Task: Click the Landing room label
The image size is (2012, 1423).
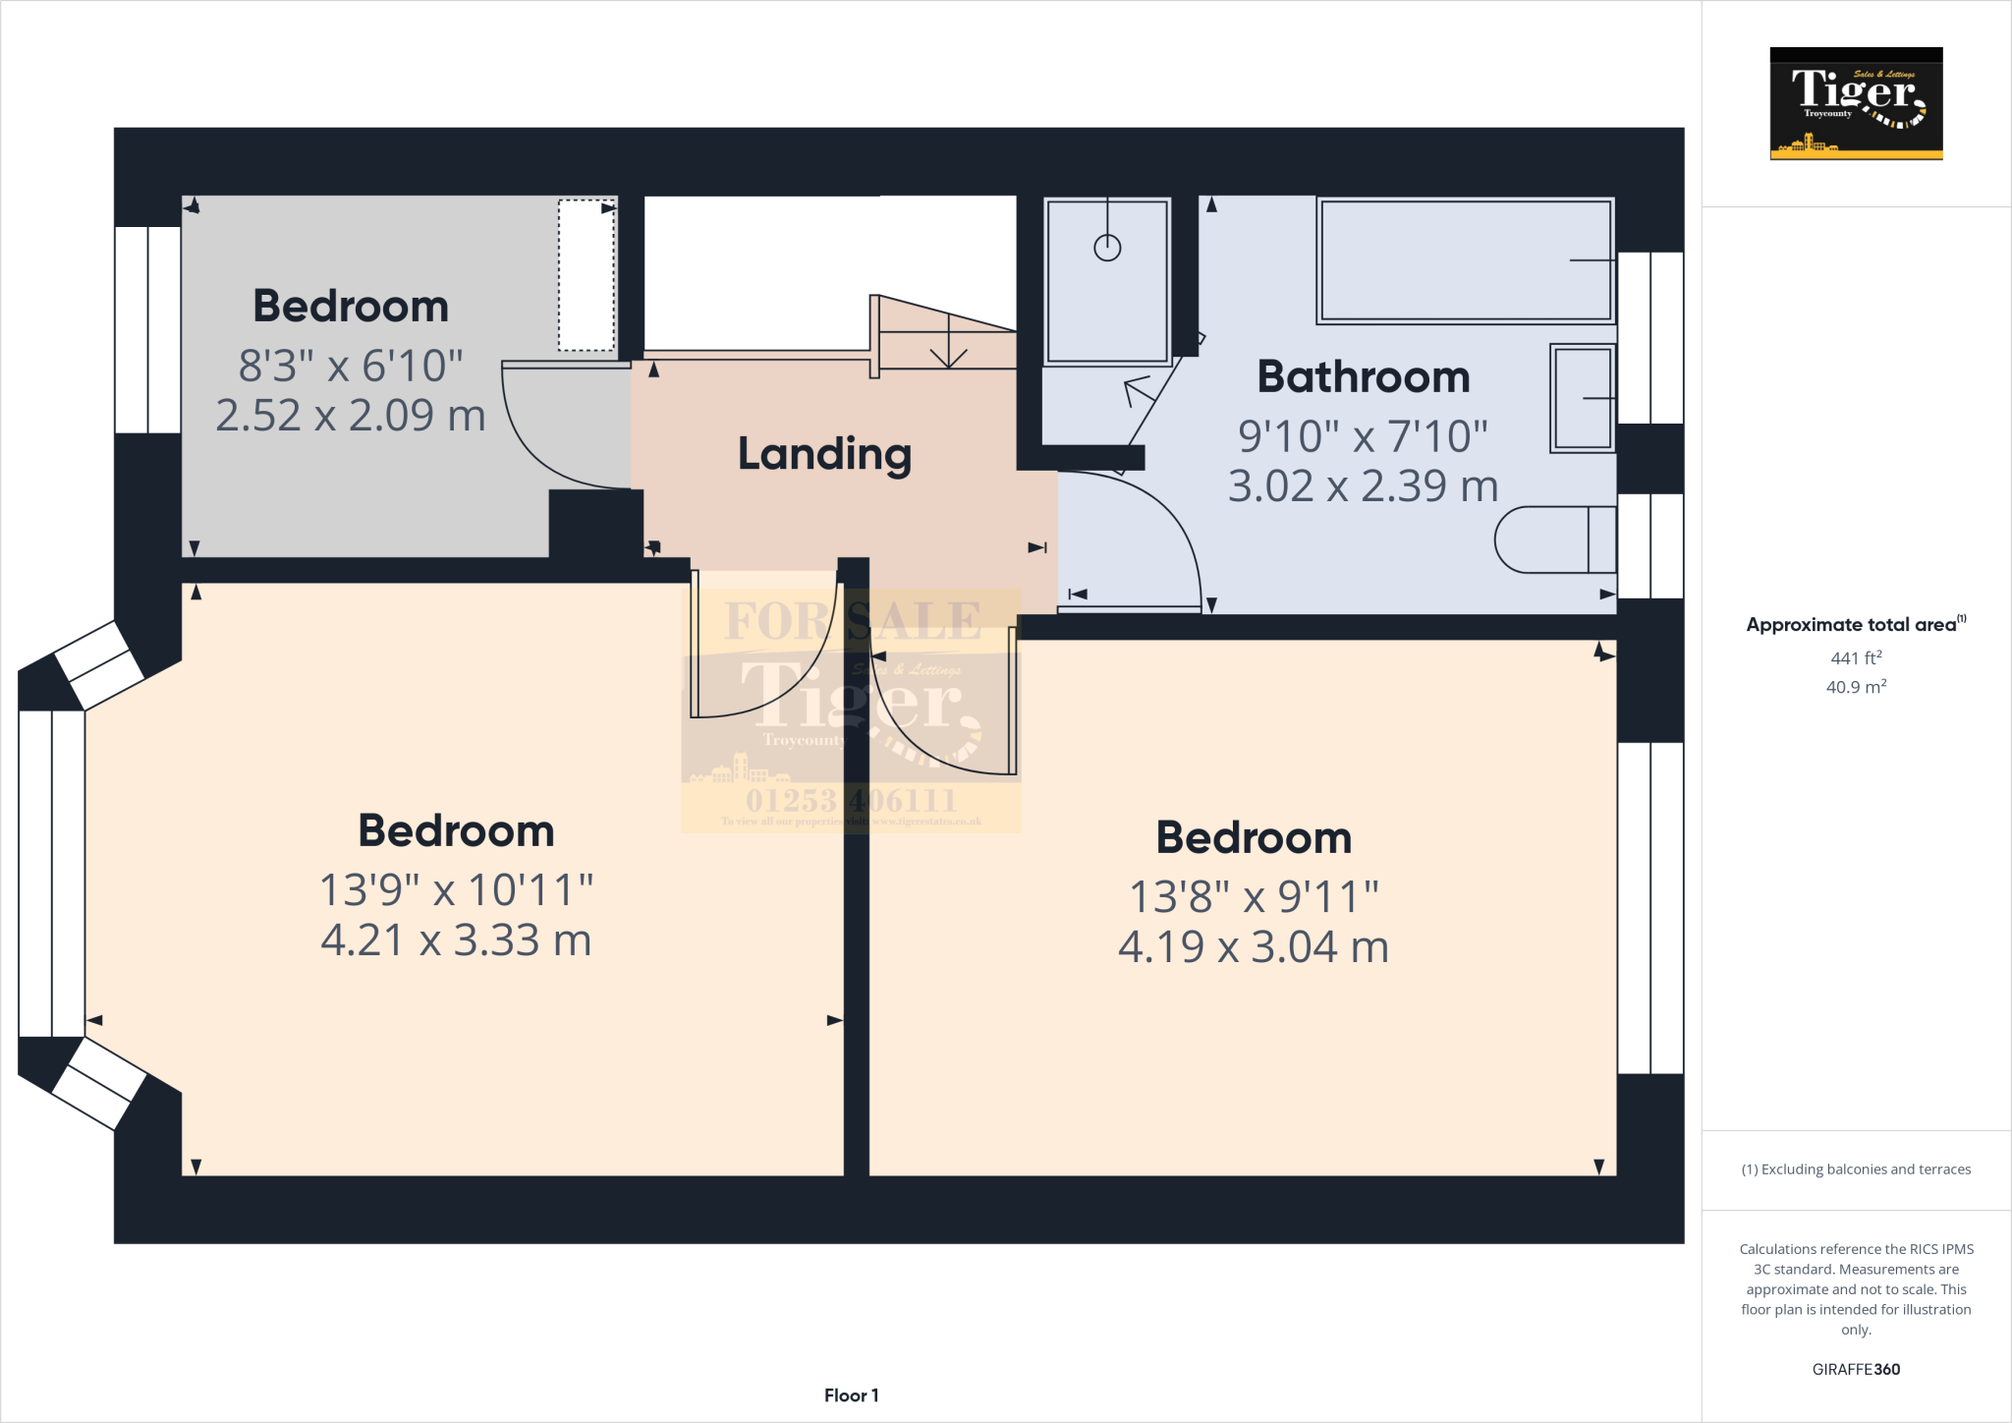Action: click(x=824, y=454)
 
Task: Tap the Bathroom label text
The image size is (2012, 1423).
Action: click(x=1363, y=377)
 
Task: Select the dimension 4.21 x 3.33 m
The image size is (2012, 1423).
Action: click(x=456, y=940)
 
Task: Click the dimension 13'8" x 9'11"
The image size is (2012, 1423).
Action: click(x=1254, y=896)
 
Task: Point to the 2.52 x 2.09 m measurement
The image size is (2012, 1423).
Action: click(x=351, y=416)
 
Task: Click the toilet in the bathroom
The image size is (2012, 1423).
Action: click(x=1555, y=540)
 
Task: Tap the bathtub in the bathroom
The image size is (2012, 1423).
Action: click(x=1465, y=260)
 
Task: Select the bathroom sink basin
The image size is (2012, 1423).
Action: click(x=1582, y=398)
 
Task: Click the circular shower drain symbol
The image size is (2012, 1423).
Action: click(x=1107, y=248)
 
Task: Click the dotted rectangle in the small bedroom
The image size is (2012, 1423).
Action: click(x=587, y=275)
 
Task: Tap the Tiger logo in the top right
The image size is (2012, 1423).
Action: click(x=1856, y=103)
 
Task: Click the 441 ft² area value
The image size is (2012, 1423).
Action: click(x=1856, y=657)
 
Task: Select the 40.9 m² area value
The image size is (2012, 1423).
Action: click(x=1856, y=687)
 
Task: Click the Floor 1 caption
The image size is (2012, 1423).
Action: click(x=851, y=1395)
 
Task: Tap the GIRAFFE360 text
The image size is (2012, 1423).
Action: click(x=1856, y=1369)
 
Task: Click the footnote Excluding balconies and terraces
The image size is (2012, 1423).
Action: click(x=1856, y=1169)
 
